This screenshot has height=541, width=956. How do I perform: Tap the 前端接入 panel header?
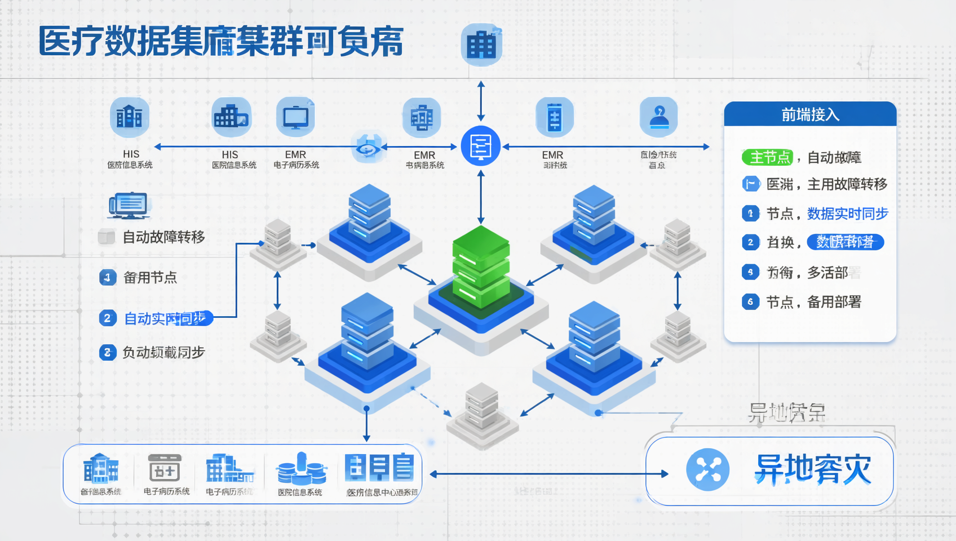[x=810, y=114]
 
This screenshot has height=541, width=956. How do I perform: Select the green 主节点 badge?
[x=767, y=157]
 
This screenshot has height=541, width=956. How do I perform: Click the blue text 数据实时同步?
[x=847, y=214]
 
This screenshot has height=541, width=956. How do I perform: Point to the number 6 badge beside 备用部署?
[x=750, y=302]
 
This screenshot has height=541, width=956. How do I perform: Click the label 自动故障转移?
[x=163, y=237]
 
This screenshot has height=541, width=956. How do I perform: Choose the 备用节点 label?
[x=150, y=277]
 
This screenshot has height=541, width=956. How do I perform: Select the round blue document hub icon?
[x=481, y=147]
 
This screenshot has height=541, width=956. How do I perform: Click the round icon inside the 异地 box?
[x=708, y=469]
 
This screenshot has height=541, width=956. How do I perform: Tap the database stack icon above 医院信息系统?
[x=301, y=469]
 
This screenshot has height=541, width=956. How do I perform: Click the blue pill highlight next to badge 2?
[x=845, y=242]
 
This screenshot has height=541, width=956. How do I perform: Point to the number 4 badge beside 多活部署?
[x=750, y=273]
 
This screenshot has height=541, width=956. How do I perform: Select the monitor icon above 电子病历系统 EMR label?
[x=296, y=117]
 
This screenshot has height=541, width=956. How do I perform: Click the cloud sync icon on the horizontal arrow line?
[x=368, y=148]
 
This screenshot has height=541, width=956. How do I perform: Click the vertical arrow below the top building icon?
[x=481, y=101]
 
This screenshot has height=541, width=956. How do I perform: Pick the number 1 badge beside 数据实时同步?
[x=750, y=214]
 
